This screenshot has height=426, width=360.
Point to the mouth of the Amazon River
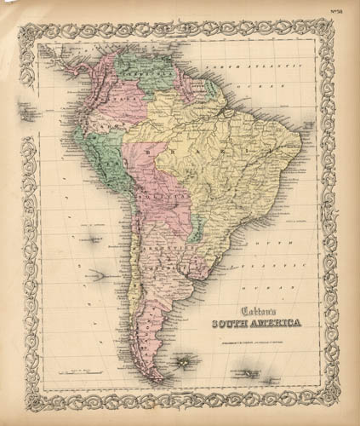(228, 110)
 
